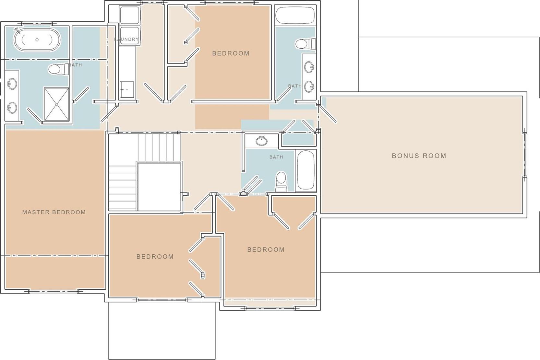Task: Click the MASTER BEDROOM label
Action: coord(54,212)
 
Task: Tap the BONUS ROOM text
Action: coord(419,156)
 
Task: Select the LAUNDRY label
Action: coord(126,39)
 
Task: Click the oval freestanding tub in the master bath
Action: coord(37,40)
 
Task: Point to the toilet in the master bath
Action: coord(59,70)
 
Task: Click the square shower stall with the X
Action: coord(57,104)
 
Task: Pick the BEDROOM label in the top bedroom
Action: coord(231,53)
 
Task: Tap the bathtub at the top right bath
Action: coord(295,15)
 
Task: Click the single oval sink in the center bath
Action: coord(261,141)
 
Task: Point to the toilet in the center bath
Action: coord(281,181)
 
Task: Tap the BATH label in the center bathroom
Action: coord(276,157)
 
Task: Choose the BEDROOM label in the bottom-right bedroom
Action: coord(266,250)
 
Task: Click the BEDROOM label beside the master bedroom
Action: coord(155,256)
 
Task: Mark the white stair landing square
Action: coord(159,187)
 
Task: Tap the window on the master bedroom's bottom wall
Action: coord(54,292)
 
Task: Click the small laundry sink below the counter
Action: coord(127,89)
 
